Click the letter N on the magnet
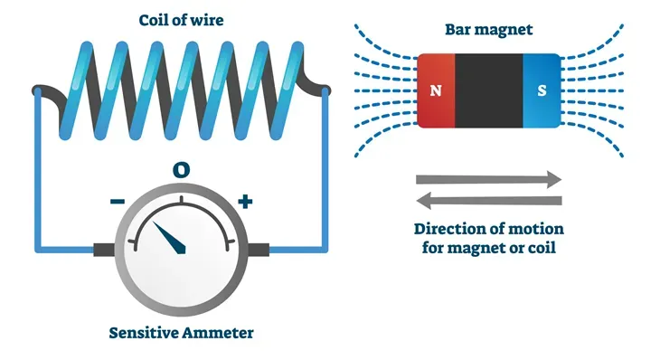pyautogui.click(x=435, y=90)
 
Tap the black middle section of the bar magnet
pyautogui.click(x=489, y=90)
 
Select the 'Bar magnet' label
pyautogui.click(x=489, y=29)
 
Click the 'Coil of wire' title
pyautogui.click(x=180, y=19)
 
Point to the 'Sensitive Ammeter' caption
pyautogui.click(x=181, y=332)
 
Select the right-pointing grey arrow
pyautogui.click(x=489, y=179)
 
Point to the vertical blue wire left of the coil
pyautogui.click(x=38, y=172)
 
